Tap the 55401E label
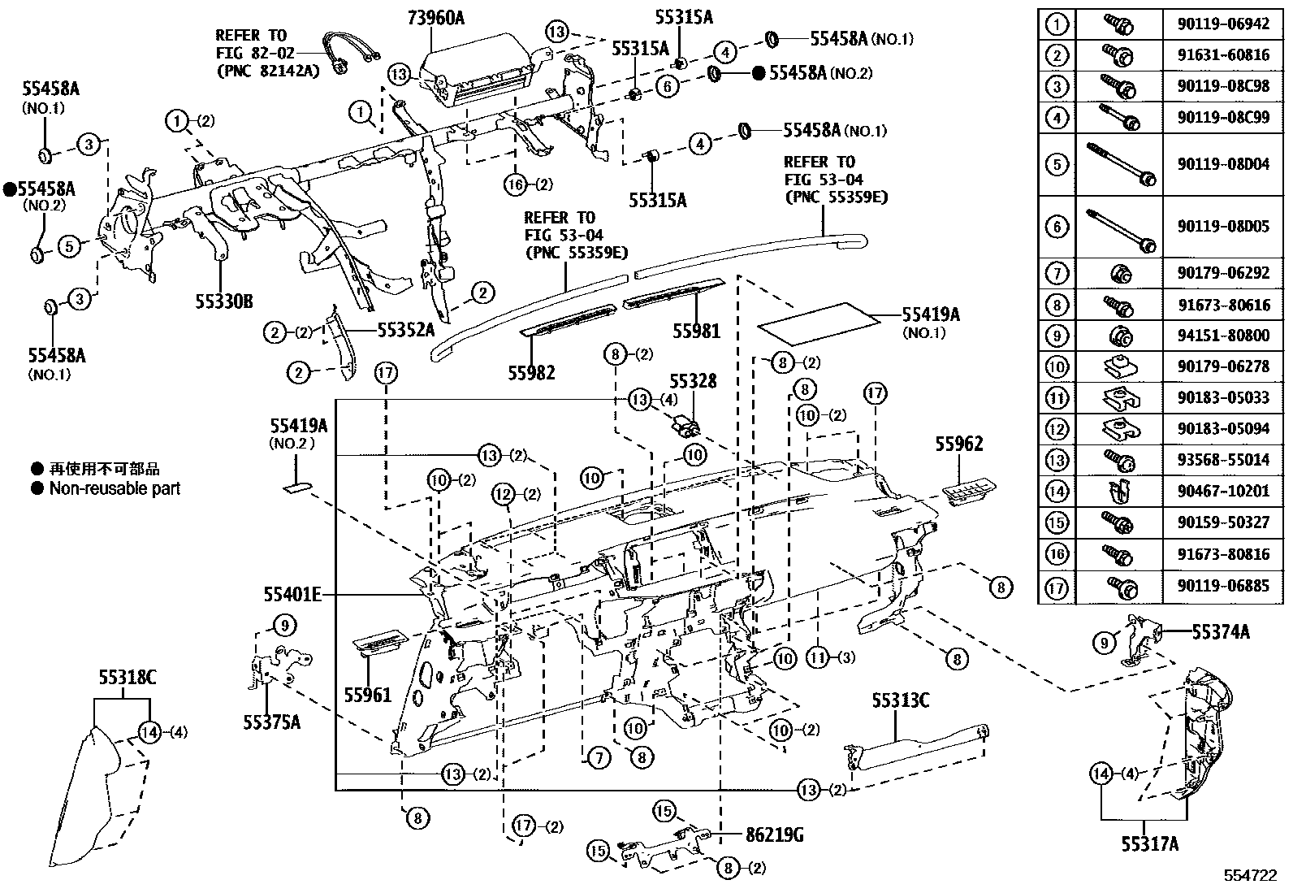292,596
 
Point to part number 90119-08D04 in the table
1222,164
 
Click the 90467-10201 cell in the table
1222,491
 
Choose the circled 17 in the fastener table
1056,586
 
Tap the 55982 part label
532,372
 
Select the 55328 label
693,380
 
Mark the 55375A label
270,721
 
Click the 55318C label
127,676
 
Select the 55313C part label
901,700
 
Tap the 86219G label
774,834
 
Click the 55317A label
1150,843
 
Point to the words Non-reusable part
115,488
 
